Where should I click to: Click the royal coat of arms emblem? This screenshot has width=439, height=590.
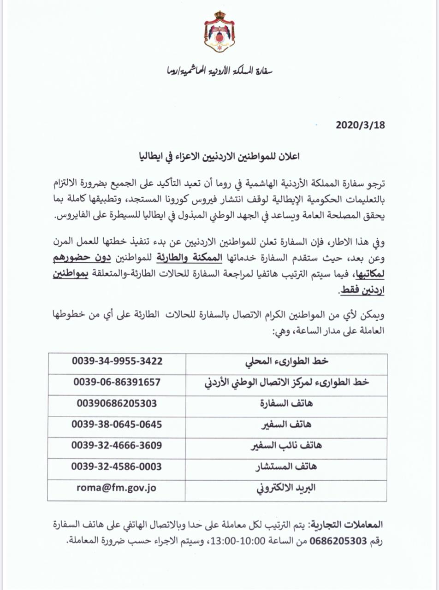(x=219, y=31)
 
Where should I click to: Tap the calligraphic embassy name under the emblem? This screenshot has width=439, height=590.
(x=219, y=71)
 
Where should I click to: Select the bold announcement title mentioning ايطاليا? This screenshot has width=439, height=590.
(x=219, y=156)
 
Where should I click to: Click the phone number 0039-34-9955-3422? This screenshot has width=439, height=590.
(x=117, y=360)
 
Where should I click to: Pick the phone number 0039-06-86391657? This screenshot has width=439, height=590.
(x=117, y=382)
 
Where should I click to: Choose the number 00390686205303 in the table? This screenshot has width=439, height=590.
(x=117, y=403)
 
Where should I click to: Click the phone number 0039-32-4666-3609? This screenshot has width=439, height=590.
(x=117, y=445)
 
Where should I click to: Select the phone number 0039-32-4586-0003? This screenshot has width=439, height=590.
(x=117, y=466)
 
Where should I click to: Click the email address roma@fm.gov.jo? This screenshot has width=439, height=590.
(x=117, y=488)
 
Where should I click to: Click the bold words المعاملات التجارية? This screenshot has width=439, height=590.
(x=351, y=525)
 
